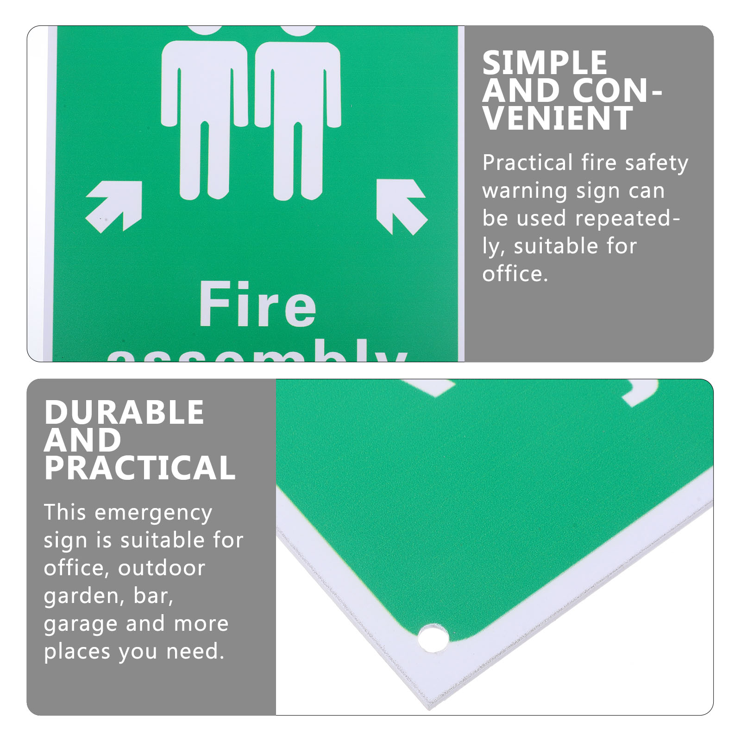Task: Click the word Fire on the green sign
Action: pos(257,306)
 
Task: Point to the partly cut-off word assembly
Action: pos(257,352)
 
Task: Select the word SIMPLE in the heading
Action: pos(545,63)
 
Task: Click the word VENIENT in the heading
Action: pos(558,119)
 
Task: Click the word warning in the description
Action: pos(525,191)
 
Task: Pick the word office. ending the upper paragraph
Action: pos(515,274)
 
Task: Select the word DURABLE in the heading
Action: pos(124,412)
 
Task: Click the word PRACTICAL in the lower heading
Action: pos(140,468)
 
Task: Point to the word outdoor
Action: pos(161,568)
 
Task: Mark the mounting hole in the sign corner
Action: pos(433,638)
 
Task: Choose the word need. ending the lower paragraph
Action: pos(195,652)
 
